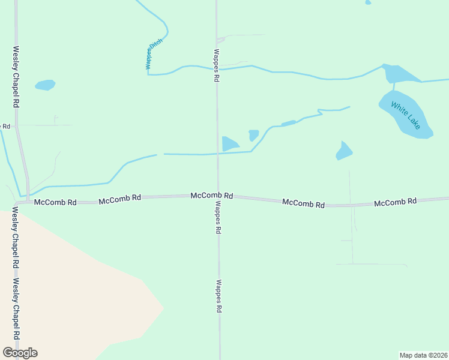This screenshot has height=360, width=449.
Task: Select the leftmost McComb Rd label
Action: coord(55,203)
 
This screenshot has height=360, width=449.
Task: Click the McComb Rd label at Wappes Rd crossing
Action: coord(211,196)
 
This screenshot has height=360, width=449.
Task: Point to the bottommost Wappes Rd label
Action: coord(220,296)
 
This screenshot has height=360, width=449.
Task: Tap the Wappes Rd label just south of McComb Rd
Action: coord(218,217)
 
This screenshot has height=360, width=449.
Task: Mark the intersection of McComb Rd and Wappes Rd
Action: coord(218,196)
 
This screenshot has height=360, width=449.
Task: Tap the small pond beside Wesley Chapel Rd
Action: coord(45,85)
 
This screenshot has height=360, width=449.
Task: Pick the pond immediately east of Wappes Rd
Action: coord(229,144)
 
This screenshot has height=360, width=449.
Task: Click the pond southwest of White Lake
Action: coord(344,151)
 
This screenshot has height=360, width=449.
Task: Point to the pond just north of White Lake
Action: coord(399,74)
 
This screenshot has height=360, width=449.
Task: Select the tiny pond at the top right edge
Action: coord(368,2)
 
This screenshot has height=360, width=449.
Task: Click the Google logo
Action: coord(20,353)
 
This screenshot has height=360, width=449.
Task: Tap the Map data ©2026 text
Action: coord(424,355)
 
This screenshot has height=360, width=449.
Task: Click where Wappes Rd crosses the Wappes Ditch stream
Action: coord(217,68)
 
